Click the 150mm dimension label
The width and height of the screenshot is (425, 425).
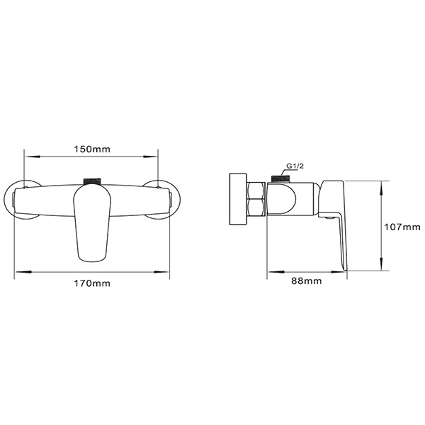pos(91,150)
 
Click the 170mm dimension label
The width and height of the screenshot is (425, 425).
pos(92,283)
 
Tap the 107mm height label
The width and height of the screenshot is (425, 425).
pos(402,227)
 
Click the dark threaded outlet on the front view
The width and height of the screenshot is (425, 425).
pos(92,180)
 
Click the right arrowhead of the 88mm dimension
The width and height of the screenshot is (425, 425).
pos(346,271)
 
